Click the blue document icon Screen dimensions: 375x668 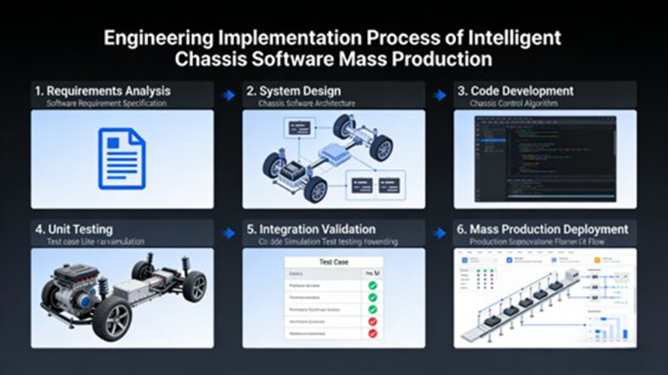coord(122,159)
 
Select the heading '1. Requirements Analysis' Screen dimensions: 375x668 coord(102,91)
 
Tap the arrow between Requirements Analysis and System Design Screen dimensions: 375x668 coord(228,95)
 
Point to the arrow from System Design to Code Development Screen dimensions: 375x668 coord(440,95)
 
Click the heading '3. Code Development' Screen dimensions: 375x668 coord(521,91)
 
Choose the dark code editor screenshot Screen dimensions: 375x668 coord(545,159)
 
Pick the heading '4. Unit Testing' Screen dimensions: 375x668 coord(74,229)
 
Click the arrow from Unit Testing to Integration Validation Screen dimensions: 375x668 coord(228,232)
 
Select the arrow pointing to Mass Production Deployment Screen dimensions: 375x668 coord(440,232)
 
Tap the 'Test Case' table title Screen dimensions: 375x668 coord(334,262)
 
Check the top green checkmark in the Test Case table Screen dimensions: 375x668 coord(372,286)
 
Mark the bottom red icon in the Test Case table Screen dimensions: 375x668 coord(372,333)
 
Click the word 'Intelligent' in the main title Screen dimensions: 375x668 coord(513,37)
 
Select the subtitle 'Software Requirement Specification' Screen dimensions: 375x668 coord(106,104)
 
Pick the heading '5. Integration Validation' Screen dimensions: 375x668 coord(311,229)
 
